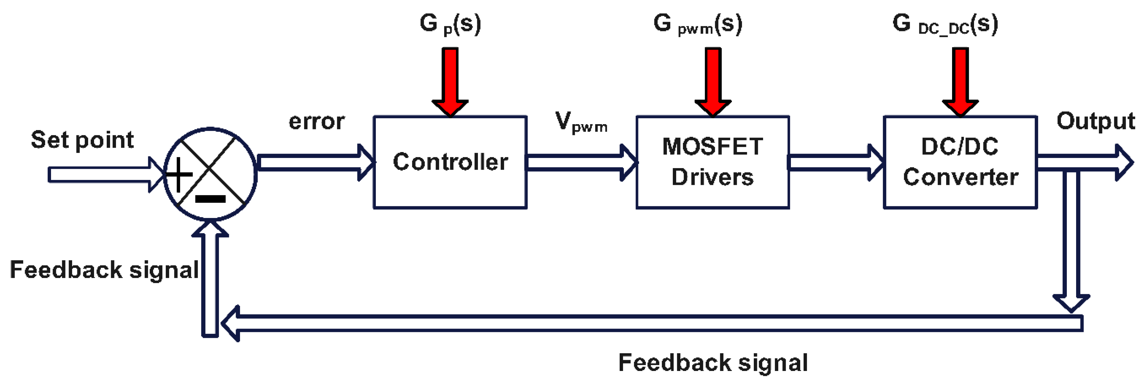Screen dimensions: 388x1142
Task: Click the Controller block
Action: tap(450, 162)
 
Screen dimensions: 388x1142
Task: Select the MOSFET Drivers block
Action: tap(712, 162)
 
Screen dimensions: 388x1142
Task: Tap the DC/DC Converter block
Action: tap(960, 162)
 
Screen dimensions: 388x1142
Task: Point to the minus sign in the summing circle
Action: tap(211, 198)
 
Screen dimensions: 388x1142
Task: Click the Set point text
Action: tap(82, 140)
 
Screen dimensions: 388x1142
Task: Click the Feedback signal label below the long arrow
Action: tap(713, 363)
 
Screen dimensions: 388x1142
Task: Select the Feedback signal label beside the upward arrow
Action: tap(104, 270)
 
